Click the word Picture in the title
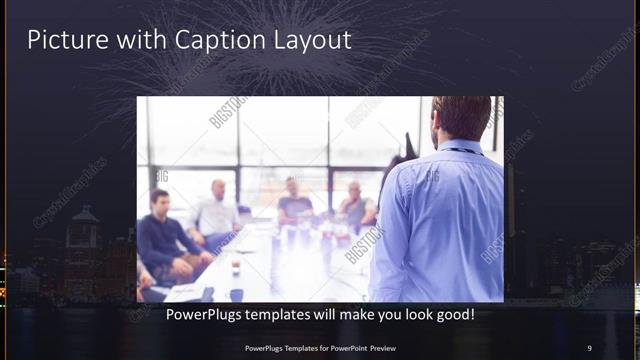[61, 40]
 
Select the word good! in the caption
[452, 315]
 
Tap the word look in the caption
[408, 315]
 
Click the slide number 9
[589, 347]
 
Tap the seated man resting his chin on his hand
[357, 205]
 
